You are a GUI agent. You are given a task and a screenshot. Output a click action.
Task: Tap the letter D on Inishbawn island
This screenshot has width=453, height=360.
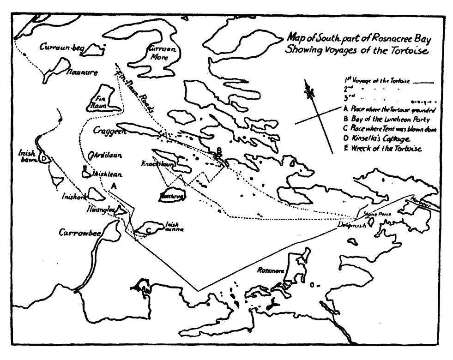(x=43, y=158)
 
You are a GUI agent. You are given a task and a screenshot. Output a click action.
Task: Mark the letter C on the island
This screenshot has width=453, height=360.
(x=148, y=229)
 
